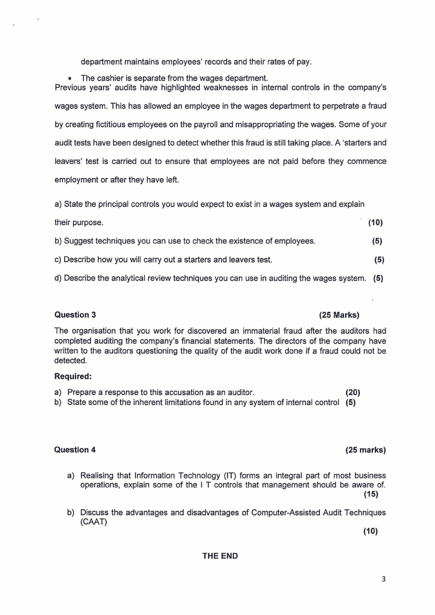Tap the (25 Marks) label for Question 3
339,315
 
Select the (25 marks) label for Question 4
365,450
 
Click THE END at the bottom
220,556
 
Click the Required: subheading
73,377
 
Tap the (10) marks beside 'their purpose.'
375,223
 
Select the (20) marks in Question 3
353,392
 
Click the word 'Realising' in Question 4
98,475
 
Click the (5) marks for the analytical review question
378,278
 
